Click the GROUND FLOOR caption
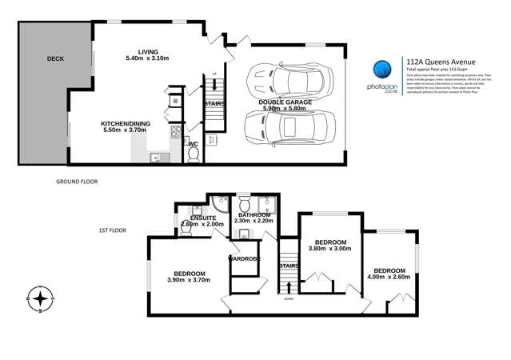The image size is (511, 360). tap(77, 182)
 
